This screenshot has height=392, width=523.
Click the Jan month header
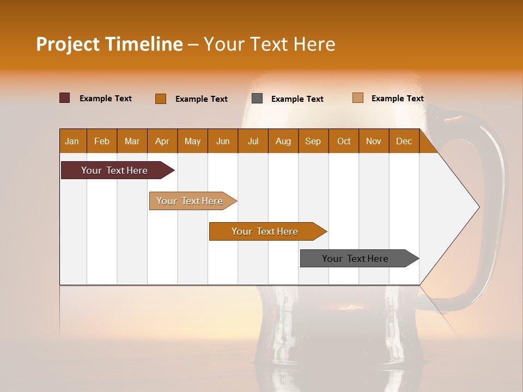(x=72, y=141)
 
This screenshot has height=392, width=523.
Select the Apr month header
(x=162, y=141)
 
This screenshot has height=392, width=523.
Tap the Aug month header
(x=283, y=141)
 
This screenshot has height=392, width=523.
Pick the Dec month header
(x=404, y=141)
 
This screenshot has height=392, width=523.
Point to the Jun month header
(x=223, y=141)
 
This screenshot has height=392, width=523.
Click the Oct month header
(x=344, y=141)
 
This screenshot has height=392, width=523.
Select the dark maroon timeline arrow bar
(x=115, y=170)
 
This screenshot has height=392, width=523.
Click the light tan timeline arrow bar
(x=190, y=201)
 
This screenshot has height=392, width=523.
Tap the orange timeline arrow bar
(x=265, y=231)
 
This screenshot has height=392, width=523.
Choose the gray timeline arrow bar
(x=356, y=259)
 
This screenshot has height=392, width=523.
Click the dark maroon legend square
(x=65, y=98)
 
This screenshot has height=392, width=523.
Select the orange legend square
(x=161, y=99)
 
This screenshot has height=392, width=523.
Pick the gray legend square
(x=257, y=99)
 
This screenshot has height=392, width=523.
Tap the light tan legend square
(x=357, y=98)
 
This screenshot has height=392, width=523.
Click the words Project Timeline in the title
(x=109, y=44)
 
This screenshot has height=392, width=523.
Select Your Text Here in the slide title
(x=269, y=44)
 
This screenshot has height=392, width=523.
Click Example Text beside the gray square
(x=297, y=99)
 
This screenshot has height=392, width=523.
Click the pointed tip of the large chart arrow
(x=477, y=207)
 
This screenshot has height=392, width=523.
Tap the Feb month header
(x=102, y=141)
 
